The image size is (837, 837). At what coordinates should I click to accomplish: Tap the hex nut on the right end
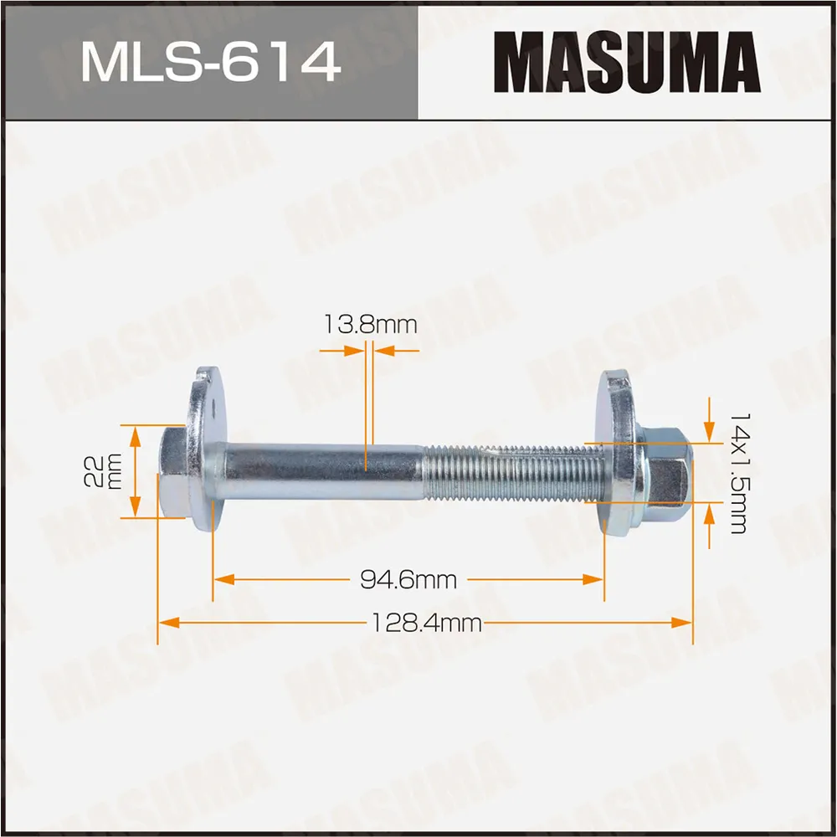668,474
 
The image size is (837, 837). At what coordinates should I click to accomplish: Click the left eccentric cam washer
204,452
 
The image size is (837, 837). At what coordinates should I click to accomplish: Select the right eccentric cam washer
619,456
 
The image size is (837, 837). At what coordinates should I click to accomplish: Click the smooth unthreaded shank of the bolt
322,473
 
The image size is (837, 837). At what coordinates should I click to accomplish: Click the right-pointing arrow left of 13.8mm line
356,352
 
